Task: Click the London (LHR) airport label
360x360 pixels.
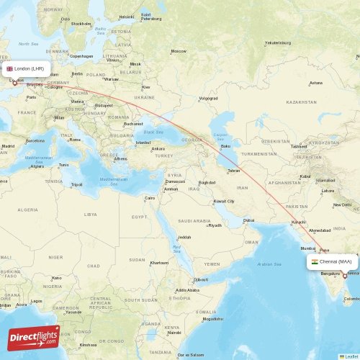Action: tap(30, 69)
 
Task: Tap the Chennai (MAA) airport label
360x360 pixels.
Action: tap(336, 261)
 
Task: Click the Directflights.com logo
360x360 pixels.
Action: tap(34, 337)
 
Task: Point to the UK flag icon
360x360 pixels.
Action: tap(10, 69)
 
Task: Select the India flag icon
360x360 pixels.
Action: tap(315, 261)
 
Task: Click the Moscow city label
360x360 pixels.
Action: tap(179, 51)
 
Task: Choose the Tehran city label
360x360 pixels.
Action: tap(233, 171)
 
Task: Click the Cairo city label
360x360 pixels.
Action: tap(150, 198)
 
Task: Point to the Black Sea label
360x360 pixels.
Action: tap(153, 132)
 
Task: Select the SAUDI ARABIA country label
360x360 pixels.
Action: tap(196, 221)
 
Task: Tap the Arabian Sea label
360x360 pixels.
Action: tap(270, 264)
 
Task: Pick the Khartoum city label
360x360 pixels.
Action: tap(158, 263)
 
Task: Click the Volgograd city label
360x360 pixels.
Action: tap(208, 98)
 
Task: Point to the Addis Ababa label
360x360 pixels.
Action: tap(187, 290)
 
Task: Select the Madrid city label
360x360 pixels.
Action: tap(9, 146)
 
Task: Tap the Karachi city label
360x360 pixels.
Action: tap(300, 222)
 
